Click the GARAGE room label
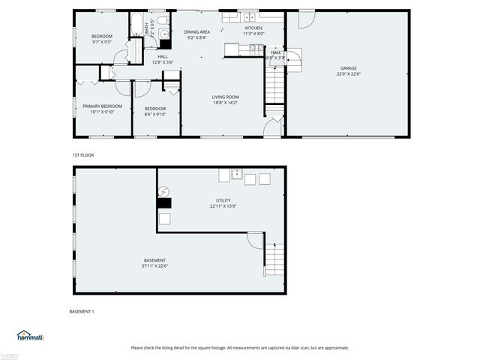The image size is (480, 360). point(348,68)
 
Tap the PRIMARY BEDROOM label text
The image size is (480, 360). point(102,106)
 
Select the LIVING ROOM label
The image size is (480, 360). point(225,97)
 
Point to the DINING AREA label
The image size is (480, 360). point(197,31)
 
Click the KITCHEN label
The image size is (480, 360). point(253,28)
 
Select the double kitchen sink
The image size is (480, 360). point(248,16)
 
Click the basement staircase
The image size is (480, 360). point(276,259)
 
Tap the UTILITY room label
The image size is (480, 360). point(223,201)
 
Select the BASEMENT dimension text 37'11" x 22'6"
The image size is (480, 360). point(154,266)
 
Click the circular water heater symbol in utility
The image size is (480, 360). point(164,191)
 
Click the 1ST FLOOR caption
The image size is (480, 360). point(82,154)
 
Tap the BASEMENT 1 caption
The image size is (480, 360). point(82,310)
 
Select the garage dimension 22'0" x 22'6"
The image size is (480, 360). point(348,74)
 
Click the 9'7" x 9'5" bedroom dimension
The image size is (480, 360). point(102,43)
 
